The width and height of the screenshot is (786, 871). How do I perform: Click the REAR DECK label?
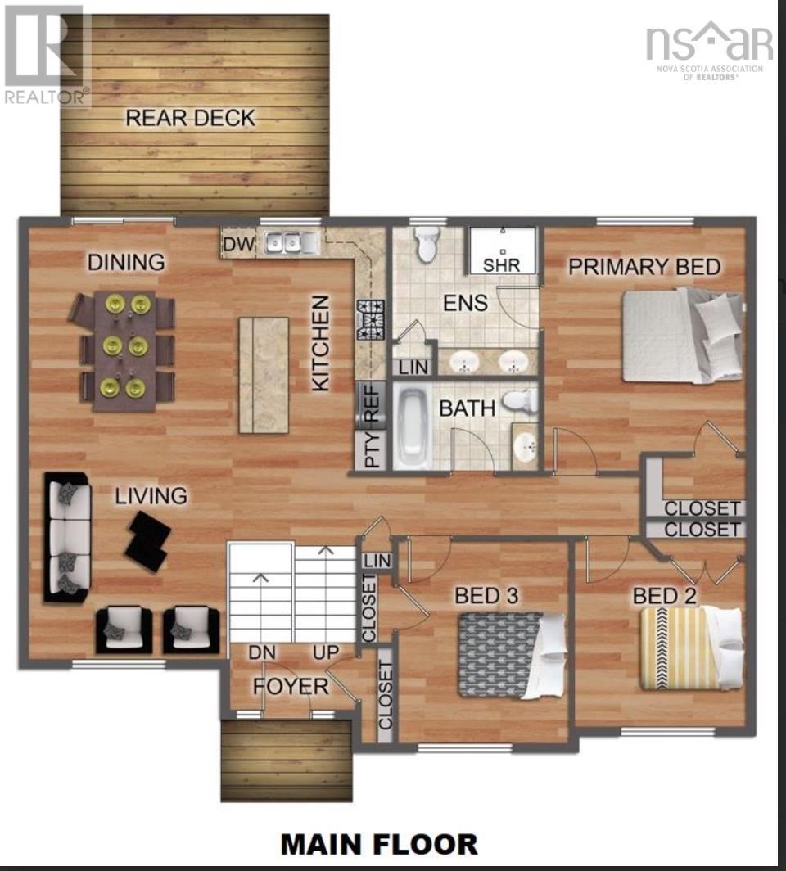(190, 118)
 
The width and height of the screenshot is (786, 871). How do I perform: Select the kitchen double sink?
(291, 242)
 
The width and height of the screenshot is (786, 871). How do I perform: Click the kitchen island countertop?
(264, 375)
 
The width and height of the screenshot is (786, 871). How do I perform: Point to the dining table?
(124, 350)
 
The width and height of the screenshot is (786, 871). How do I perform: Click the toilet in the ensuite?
(427, 243)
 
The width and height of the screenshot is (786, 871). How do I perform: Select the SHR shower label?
(501, 265)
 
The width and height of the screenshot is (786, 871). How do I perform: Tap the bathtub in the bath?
(412, 426)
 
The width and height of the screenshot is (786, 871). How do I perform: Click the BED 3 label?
(487, 595)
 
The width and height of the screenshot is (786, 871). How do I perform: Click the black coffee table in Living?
(148, 540)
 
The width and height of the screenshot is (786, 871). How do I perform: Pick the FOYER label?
(291, 685)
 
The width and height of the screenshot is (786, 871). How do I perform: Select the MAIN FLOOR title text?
(379, 844)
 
